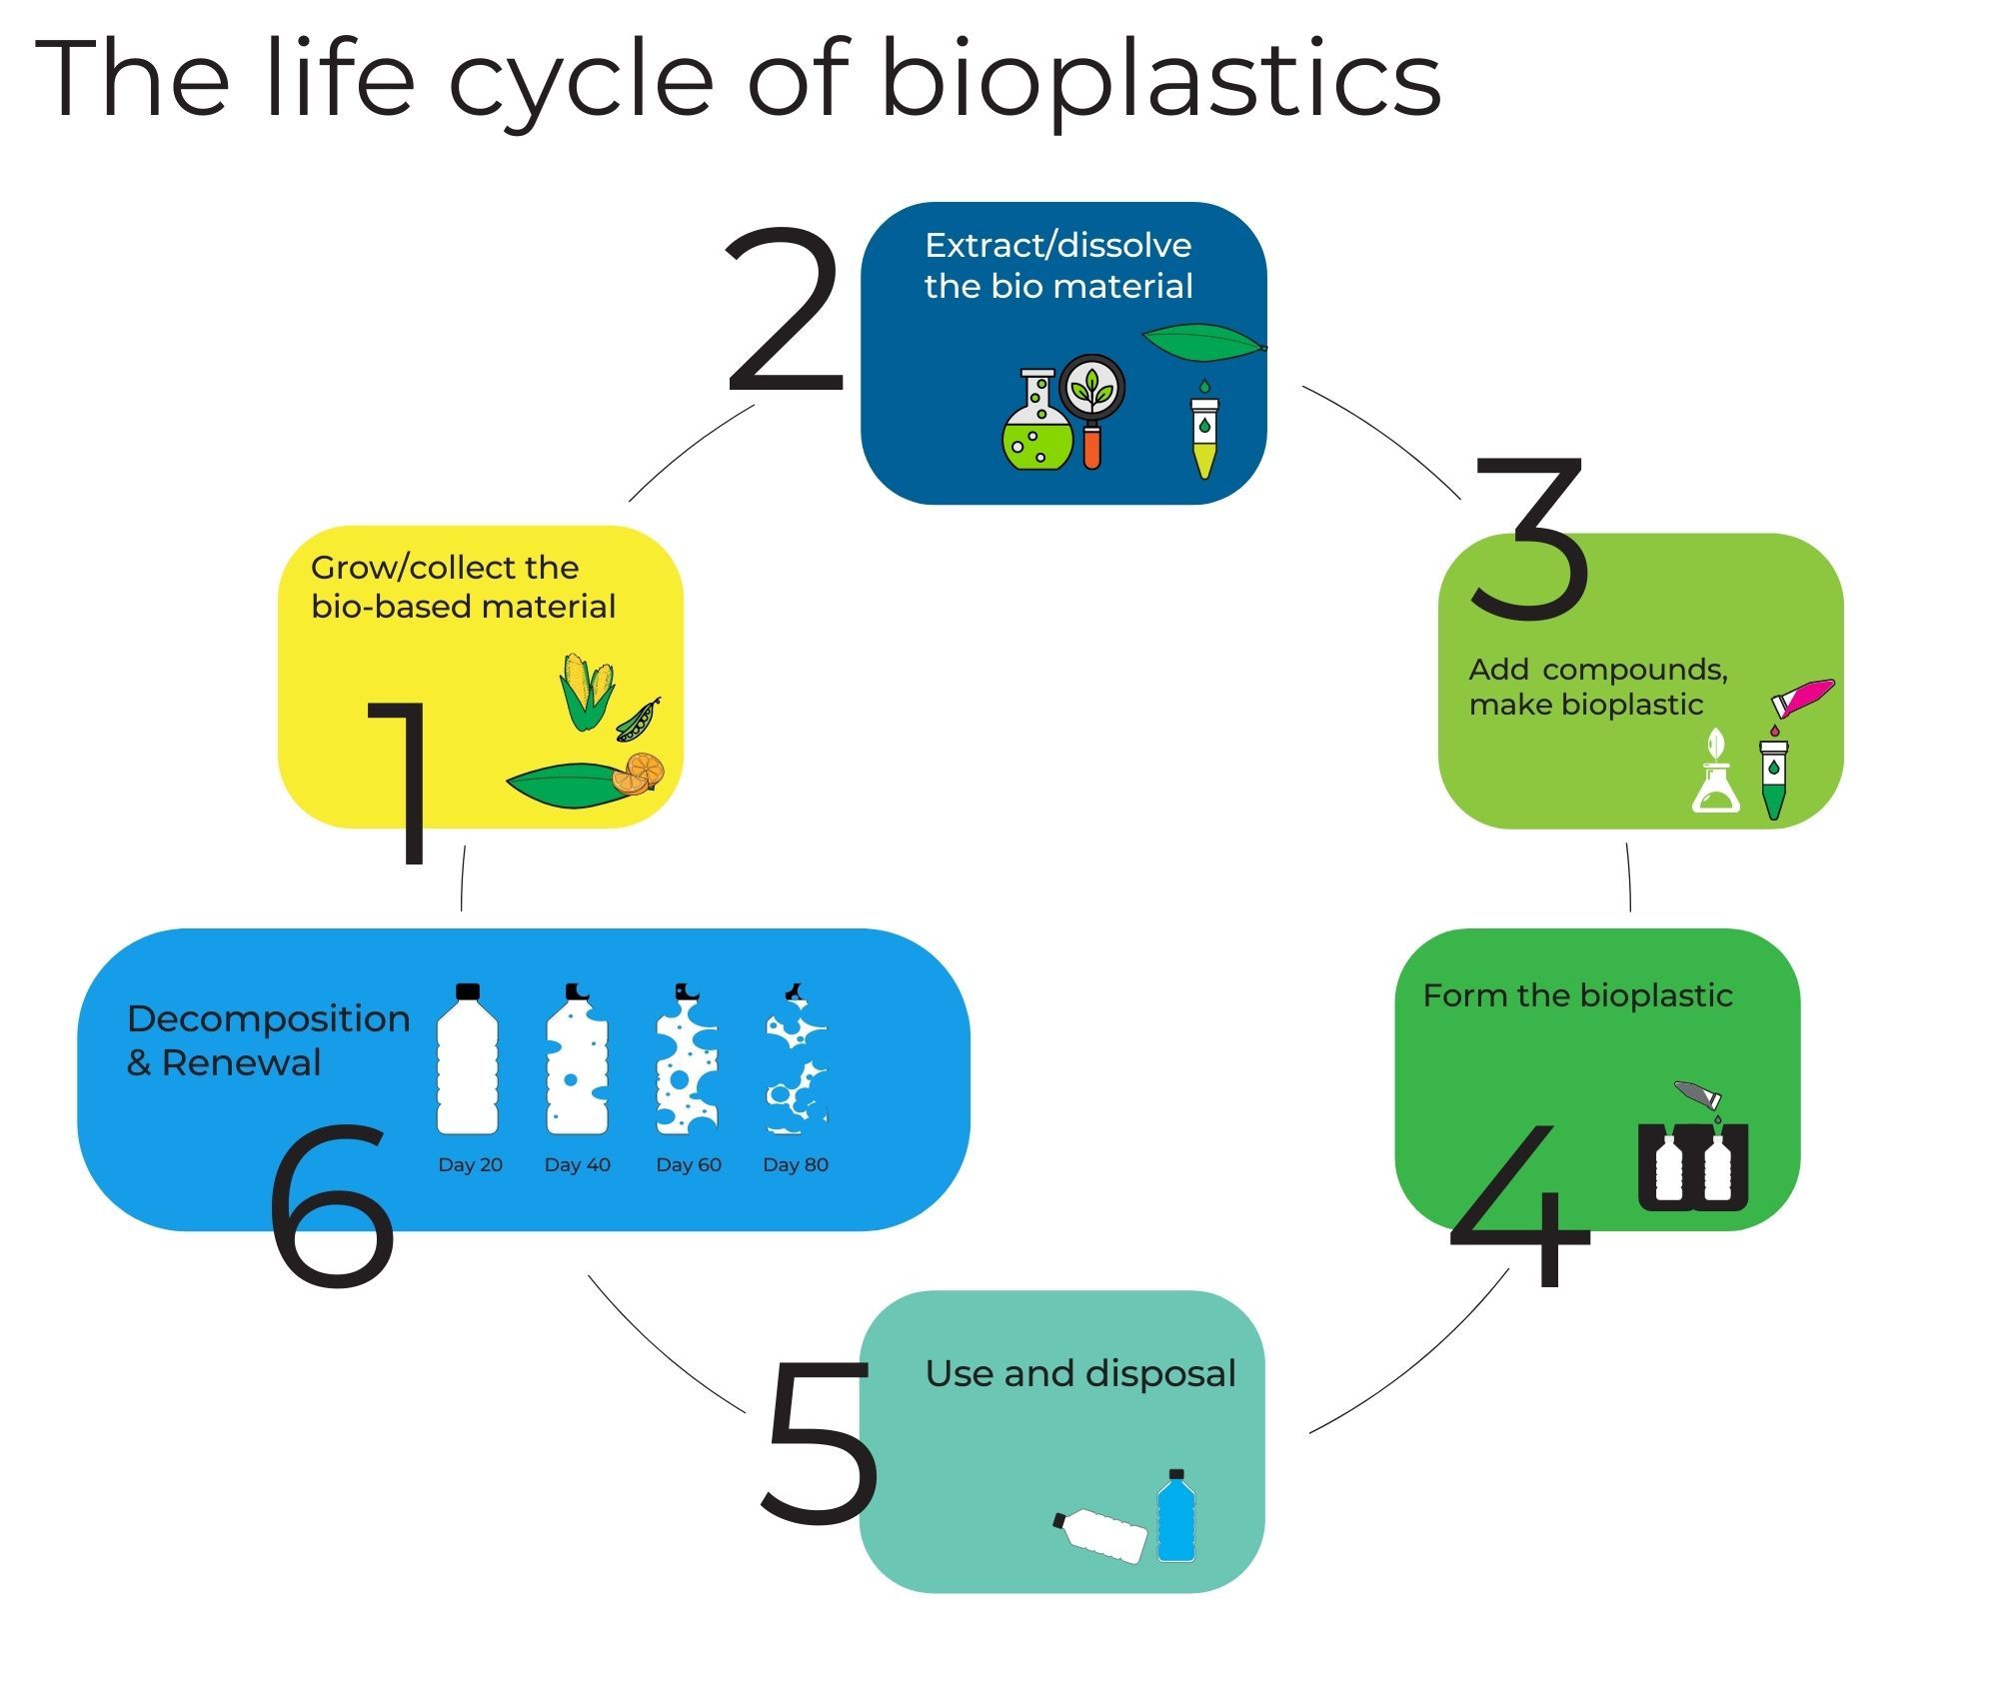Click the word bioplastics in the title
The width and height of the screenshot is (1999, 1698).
pyautogui.click(x=1159, y=80)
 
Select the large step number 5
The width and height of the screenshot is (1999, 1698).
pyautogui.click(x=820, y=1440)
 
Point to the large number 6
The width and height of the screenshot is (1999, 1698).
pyautogui.click(x=332, y=1203)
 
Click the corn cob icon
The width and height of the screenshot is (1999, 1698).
pyautogui.click(x=586, y=690)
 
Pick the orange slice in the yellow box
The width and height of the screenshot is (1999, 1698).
pyautogui.click(x=639, y=772)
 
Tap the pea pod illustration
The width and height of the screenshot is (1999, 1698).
pyautogui.click(x=638, y=720)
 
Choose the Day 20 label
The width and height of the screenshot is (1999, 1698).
pyautogui.click(x=470, y=1164)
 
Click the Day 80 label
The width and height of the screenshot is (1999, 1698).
pyautogui.click(x=796, y=1164)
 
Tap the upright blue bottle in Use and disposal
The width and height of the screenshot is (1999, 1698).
pyautogui.click(x=1175, y=1516)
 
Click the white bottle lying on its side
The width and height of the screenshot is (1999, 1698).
pyautogui.click(x=1102, y=1535)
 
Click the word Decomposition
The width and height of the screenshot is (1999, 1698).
pyautogui.click(x=268, y=1018)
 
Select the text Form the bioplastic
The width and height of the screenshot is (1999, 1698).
pyautogui.click(x=1577, y=995)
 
